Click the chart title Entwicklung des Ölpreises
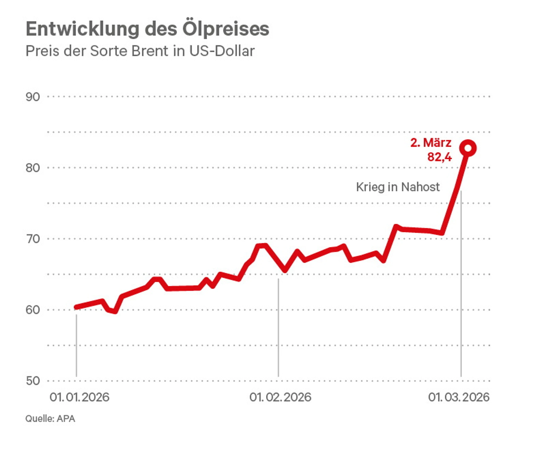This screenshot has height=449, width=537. pyautogui.click(x=147, y=29)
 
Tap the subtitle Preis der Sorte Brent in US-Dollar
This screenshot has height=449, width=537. pyautogui.click(x=140, y=51)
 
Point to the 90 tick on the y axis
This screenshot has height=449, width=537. pyautogui.click(x=33, y=97)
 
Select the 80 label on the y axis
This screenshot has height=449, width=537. pyautogui.click(x=33, y=168)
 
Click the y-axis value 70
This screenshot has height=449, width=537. pyautogui.click(x=33, y=239)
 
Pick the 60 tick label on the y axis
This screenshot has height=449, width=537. pyautogui.click(x=33, y=310)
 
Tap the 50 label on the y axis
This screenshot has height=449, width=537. pyautogui.click(x=33, y=381)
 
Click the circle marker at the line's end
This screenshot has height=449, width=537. pyautogui.click(x=468, y=148)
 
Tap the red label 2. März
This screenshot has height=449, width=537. pyautogui.click(x=431, y=142)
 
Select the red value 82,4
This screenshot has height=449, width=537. pyautogui.click(x=439, y=157)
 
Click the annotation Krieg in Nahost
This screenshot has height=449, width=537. pyautogui.click(x=398, y=187)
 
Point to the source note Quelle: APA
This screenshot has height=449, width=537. pyautogui.click(x=50, y=419)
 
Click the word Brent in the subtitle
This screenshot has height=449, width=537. pyautogui.click(x=150, y=51)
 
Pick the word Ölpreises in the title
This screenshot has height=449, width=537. pyautogui.click(x=225, y=29)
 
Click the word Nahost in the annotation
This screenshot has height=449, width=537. pyautogui.click(x=420, y=187)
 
